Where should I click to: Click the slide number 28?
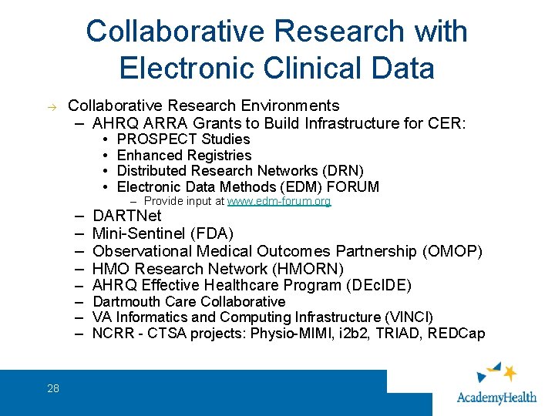[x=52, y=388]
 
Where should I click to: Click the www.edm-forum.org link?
[x=279, y=201]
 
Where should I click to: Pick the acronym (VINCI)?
[x=407, y=317]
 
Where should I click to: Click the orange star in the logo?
[x=509, y=374]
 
